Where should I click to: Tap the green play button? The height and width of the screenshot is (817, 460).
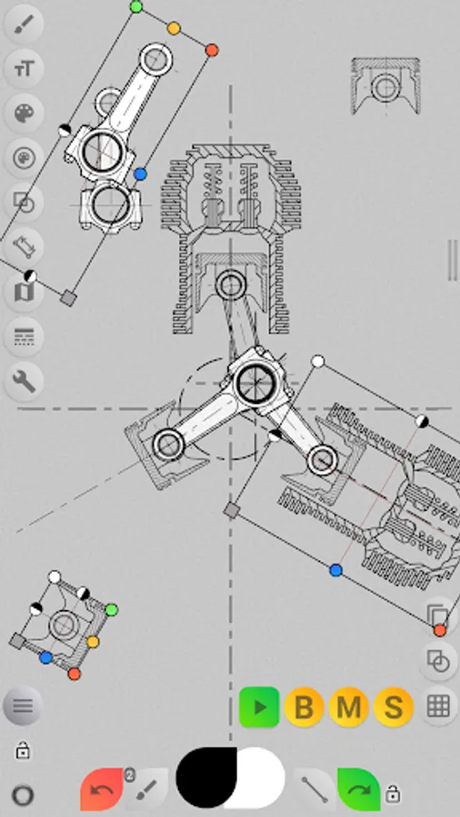(x=259, y=706)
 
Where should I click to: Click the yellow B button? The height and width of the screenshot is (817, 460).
(x=304, y=707)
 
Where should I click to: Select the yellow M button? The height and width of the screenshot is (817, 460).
(x=349, y=707)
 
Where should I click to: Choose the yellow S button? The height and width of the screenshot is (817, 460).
(x=394, y=707)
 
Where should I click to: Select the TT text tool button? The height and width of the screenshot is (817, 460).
(x=24, y=68)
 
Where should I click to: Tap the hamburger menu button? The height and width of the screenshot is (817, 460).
(x=23, y=706)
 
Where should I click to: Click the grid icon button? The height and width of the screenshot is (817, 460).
(x=438, y=706)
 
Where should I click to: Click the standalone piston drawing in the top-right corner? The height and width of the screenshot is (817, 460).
(x=385, y=86)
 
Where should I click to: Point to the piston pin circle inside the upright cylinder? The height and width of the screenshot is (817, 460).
(x=230, y=285)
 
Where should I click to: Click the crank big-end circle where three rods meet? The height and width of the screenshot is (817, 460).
(x=255, y=382)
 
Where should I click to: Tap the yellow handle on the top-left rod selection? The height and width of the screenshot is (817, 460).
(x=174, y=29)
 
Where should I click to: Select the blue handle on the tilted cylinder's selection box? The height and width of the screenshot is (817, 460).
(x=335, y=570)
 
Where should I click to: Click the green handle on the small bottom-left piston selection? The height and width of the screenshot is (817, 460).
(x=111, y=610)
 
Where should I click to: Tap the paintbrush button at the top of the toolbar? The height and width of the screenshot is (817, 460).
(x=24, y=24)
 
